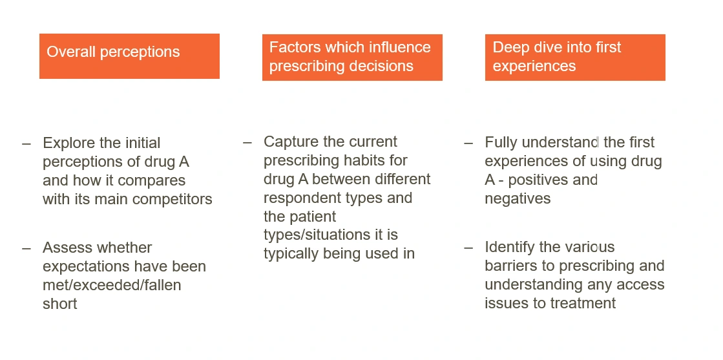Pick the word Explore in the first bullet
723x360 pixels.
70,143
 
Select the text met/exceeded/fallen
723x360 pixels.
112,285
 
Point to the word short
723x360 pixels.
60,304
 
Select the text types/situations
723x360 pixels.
317,235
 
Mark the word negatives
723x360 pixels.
518,198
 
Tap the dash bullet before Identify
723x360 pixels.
468,248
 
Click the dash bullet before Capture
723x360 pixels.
247,142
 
